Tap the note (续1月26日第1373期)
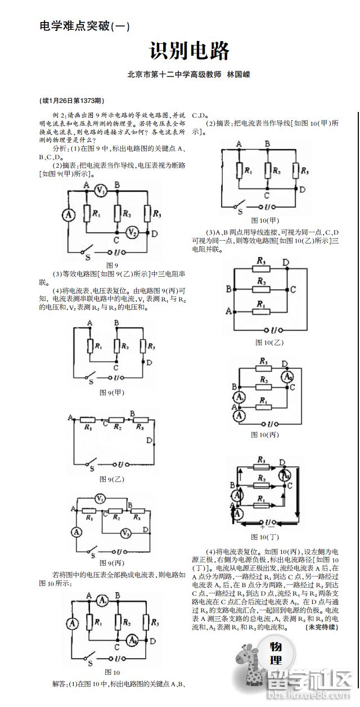click(x=71, y=101)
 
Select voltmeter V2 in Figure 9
click(x=131, y=231)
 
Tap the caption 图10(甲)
click(x=265, y=220)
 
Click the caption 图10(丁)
click(x=265, y=537)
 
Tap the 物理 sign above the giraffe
click(x=276, y=653)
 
